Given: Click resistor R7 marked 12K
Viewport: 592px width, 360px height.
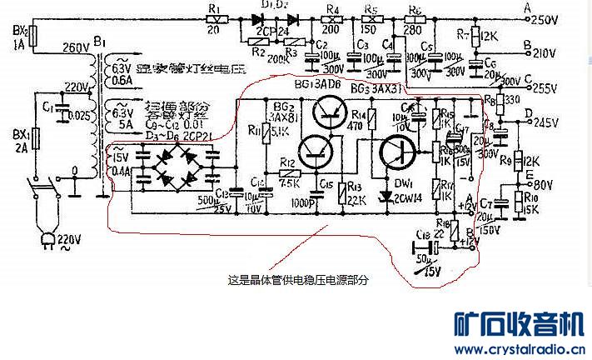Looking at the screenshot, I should click(474, 37).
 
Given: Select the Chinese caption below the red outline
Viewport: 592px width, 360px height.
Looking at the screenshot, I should click(297, 281).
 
